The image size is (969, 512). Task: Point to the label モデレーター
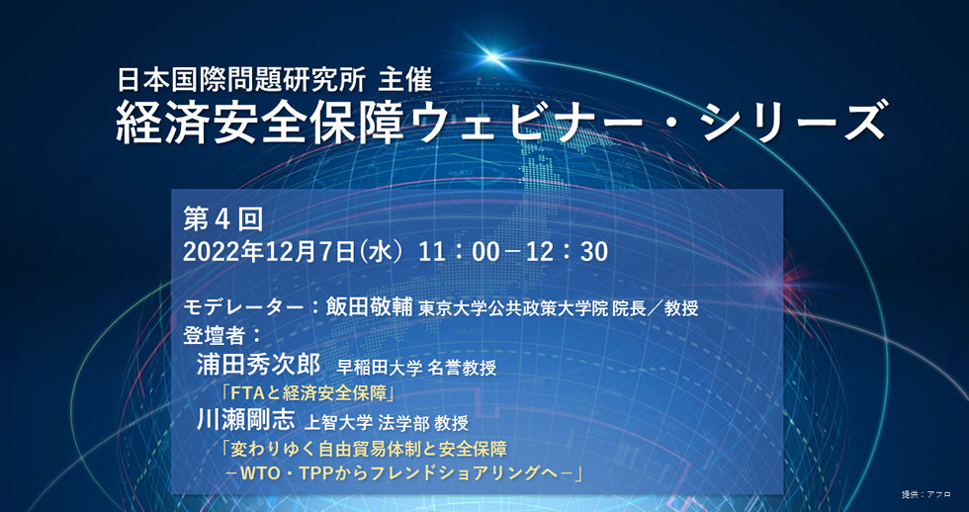243,307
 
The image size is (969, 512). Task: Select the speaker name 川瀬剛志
245,420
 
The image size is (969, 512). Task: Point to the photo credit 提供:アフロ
927,494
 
